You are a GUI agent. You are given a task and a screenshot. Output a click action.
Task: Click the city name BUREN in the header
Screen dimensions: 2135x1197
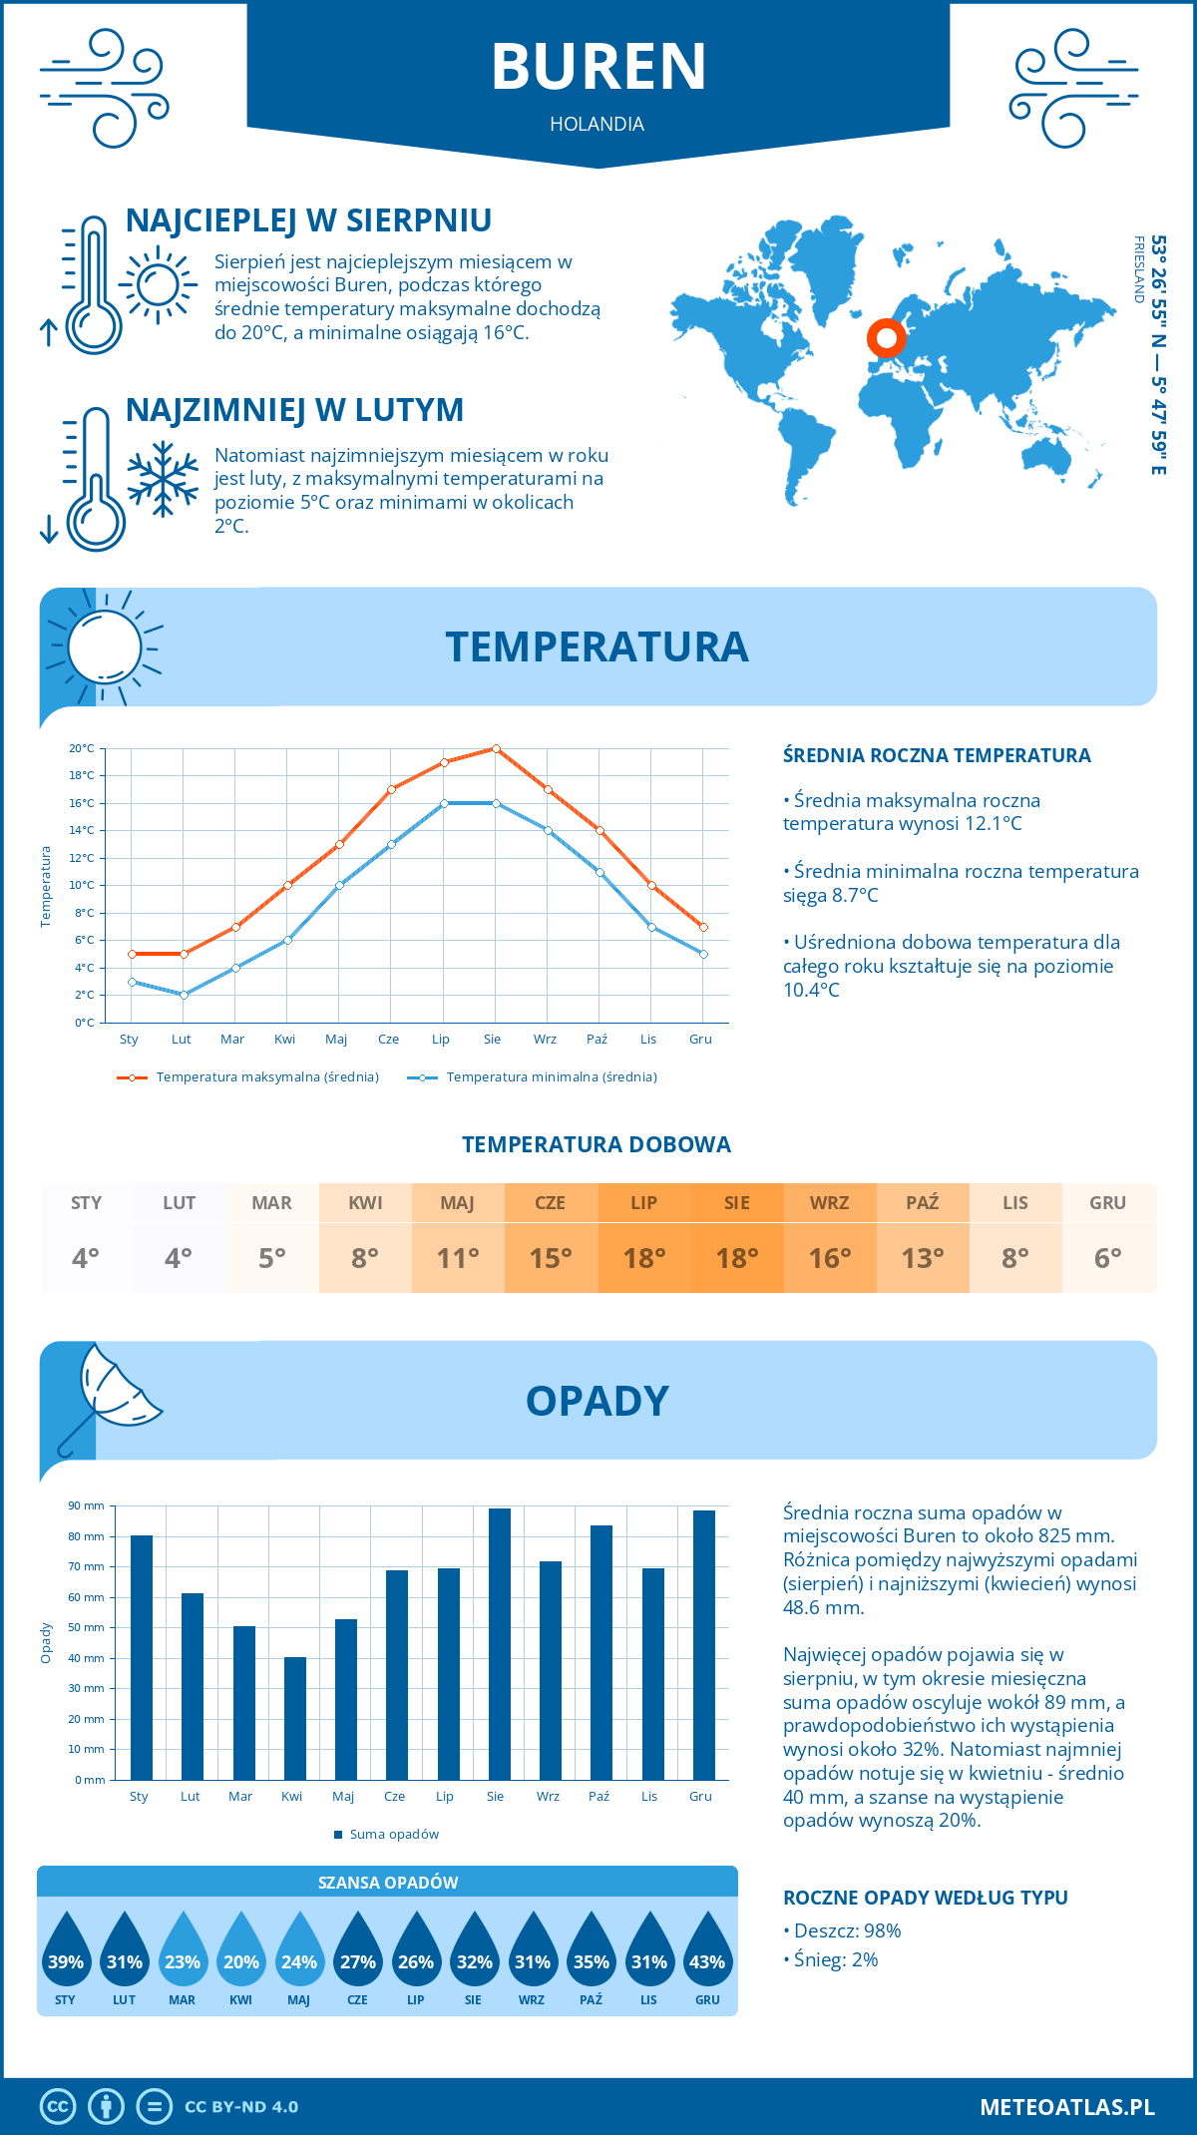tap(598, 67)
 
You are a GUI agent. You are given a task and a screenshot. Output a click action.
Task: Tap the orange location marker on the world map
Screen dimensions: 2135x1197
tap(886, 338)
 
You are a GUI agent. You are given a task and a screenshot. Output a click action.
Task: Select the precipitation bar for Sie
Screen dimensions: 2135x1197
tap(500, 1643)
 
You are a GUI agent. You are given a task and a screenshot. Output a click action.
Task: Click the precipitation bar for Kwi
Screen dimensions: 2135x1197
tap(295, 1718)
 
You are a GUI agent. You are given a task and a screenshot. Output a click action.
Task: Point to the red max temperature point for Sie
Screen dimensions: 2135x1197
tap(496, 748)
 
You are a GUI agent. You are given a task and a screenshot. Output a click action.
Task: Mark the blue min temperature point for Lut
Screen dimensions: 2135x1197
tap(184, 995)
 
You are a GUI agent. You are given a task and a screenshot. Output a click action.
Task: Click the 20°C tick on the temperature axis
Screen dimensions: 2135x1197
tap(82, 748)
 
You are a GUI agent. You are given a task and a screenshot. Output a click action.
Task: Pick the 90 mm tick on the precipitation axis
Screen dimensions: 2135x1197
tap(87, 1505)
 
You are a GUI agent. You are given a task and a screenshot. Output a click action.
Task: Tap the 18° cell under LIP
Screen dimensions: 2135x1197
tap(644, 1258)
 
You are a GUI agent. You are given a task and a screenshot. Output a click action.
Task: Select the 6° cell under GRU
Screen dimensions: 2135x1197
tap(1108, 1258)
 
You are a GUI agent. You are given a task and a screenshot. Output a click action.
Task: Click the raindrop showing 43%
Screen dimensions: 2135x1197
tap(707, 1952)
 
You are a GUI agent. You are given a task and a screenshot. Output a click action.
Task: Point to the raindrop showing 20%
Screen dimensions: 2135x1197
tap(241, 1952)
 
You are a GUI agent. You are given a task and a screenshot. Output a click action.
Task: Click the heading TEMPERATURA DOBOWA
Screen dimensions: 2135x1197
tap(597, 1144)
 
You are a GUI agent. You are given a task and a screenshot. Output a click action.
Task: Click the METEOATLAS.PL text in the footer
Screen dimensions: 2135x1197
tap(1067, 2106)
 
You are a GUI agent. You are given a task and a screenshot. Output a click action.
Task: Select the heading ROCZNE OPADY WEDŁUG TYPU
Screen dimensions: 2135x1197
tap(925, 1898)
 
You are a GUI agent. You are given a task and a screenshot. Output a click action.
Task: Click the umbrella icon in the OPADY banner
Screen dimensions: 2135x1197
tap(110, 1395)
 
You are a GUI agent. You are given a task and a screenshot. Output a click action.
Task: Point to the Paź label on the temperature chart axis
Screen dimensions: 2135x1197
tap(597, 1040)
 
